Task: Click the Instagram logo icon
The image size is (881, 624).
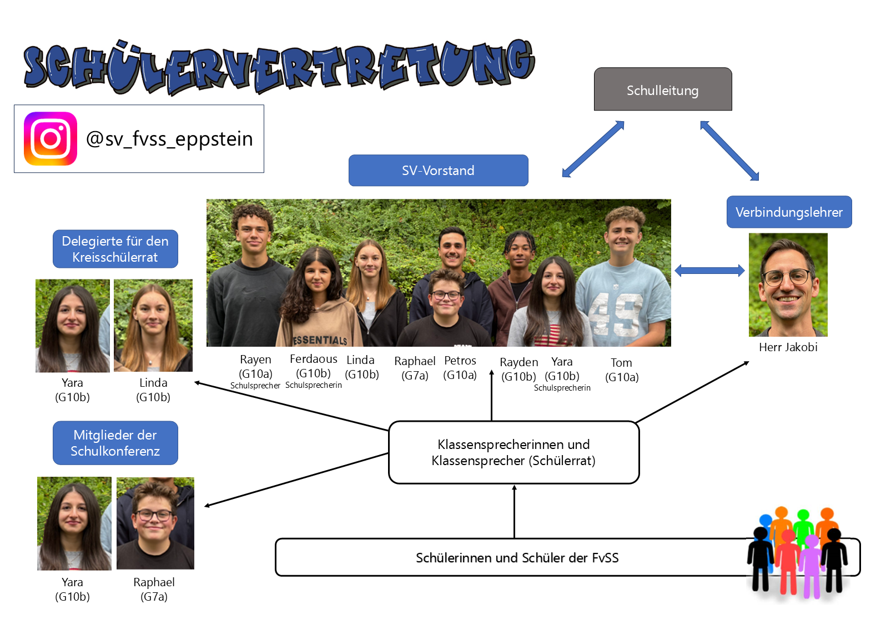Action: [51, 138]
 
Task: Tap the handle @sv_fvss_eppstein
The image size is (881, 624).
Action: [169, 139]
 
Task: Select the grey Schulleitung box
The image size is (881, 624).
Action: [662, 90]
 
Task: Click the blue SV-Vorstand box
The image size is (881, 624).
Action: [438, 171]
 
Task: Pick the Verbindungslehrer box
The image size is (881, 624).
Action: [788, 212]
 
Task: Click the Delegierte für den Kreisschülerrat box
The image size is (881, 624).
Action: [115, 249]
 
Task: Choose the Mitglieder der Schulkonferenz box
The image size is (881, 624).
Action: [115, 443]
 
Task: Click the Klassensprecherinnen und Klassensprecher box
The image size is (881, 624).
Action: [514, 452]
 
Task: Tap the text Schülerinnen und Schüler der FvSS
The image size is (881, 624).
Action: [517, 558]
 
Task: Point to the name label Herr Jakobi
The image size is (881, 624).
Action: [788, 347]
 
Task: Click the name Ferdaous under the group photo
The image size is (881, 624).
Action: [314, 359]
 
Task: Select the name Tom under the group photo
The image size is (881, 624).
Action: [621, 363]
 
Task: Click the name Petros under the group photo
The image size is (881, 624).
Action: [460, 361]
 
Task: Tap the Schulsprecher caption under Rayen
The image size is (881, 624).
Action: [255, 386]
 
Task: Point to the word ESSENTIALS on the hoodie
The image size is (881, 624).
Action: [320, 340]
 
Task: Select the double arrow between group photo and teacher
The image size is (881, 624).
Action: [709, 271]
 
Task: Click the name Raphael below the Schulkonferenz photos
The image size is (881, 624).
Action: [154, 582]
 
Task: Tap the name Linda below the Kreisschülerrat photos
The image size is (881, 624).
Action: [153, 383]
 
